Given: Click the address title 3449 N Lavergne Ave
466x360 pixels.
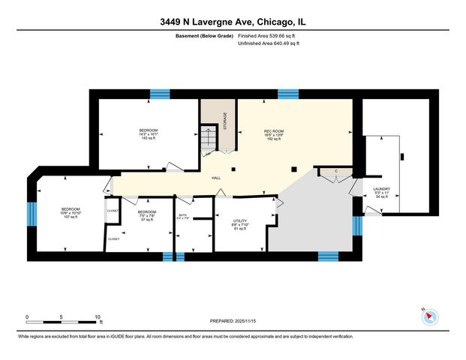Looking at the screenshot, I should [233, 22].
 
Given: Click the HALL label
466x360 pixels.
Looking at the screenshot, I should [215, 178].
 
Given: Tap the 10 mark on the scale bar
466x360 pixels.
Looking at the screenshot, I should [98, 316].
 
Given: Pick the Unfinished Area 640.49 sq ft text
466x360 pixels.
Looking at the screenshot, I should [269, 43].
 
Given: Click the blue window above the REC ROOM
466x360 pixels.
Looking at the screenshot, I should [288, 94].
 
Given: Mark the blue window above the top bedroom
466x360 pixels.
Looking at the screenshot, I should [160, 94].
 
